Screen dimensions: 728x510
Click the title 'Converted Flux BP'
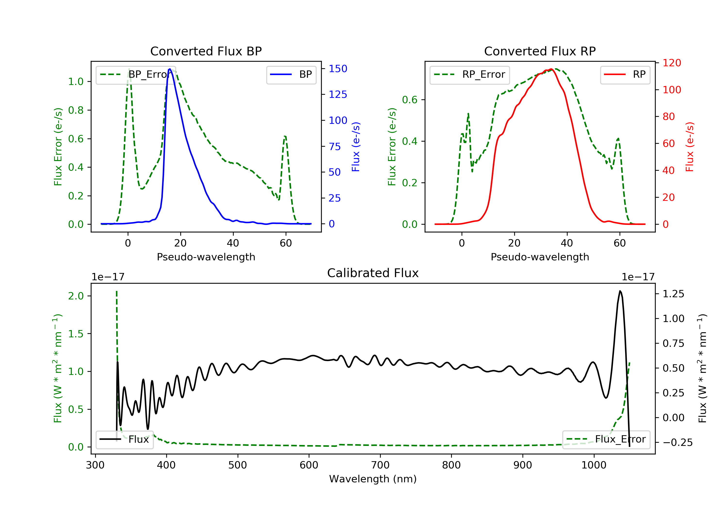click(206, 51)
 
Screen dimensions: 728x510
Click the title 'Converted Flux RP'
click(540, 51)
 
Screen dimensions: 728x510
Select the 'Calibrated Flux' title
click(373, 273)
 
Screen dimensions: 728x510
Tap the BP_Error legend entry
click(133, 75)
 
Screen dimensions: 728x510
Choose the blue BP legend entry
click(291, 75)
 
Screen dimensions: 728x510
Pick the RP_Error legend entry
click(469, 75)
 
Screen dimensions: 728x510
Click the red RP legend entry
click(625, 75)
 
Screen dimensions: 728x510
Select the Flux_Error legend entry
click(606, 439)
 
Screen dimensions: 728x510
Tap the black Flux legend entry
click(124, 440)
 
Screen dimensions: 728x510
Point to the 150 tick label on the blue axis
click(338, 68)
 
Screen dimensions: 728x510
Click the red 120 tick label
click(672, 63)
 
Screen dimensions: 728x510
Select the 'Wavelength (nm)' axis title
click(373, 479)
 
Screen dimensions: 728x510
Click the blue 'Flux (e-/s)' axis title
click(356, 147)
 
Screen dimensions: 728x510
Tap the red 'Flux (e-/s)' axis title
click(690, 147)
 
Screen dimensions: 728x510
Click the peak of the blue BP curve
click(170, 69)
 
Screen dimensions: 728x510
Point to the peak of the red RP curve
click(551, 69)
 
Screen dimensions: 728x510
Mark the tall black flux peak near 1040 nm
click(620, 291)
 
